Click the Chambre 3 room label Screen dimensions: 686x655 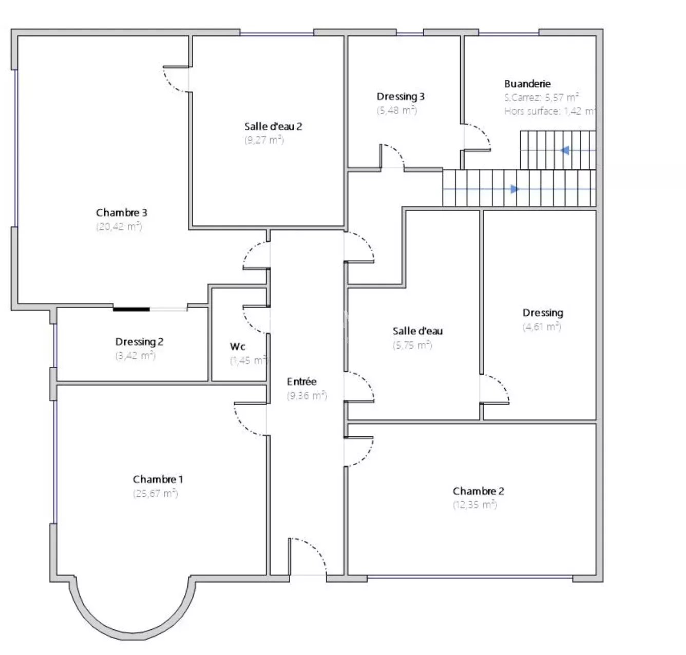(x=121, y=213)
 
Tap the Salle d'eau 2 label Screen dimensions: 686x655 (x=273, y=126)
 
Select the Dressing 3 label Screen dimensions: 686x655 (x=401, y=97)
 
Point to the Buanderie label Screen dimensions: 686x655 (x=527, y=84)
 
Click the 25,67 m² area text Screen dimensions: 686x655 (x=156, y=493)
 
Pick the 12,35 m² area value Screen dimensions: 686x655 (x=475, y=505)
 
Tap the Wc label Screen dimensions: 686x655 (x=238, y=346)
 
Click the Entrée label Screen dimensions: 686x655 (x=301, y=381)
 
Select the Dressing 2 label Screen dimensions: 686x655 (x=139, y=342)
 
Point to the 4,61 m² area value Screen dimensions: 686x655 (x=542, y=327)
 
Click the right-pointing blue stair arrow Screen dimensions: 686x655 (x=514, y=189)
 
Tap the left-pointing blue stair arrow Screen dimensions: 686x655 (x=565, y=150)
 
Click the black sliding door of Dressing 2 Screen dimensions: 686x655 (x=131, y=310)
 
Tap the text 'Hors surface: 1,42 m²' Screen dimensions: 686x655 (x=549, y=111)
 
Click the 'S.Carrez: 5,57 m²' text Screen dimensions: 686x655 (x=542, y=97)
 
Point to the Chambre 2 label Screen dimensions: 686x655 (x=479, y=491)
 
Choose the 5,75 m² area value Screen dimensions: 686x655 (x=412, y=345)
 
